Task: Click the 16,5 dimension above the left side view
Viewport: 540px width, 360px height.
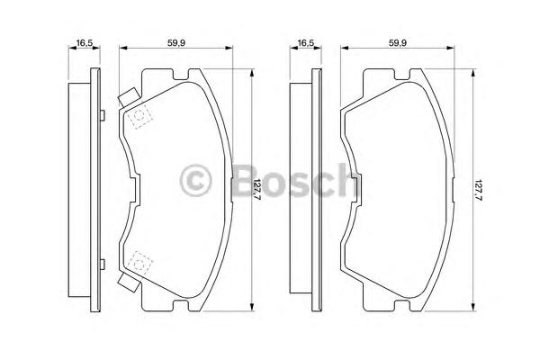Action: (84, 43)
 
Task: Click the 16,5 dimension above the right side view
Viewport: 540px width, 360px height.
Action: (306, 43)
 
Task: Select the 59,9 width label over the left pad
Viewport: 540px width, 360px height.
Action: (176, 43)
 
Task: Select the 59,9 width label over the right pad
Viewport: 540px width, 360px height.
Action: (398, 43)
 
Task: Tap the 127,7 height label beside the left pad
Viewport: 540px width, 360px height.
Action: (256, 190)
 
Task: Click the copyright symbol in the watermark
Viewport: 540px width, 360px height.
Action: (195, 181)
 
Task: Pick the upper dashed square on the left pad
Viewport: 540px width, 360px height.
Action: (139, 116)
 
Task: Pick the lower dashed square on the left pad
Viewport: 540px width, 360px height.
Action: (139, 264)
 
